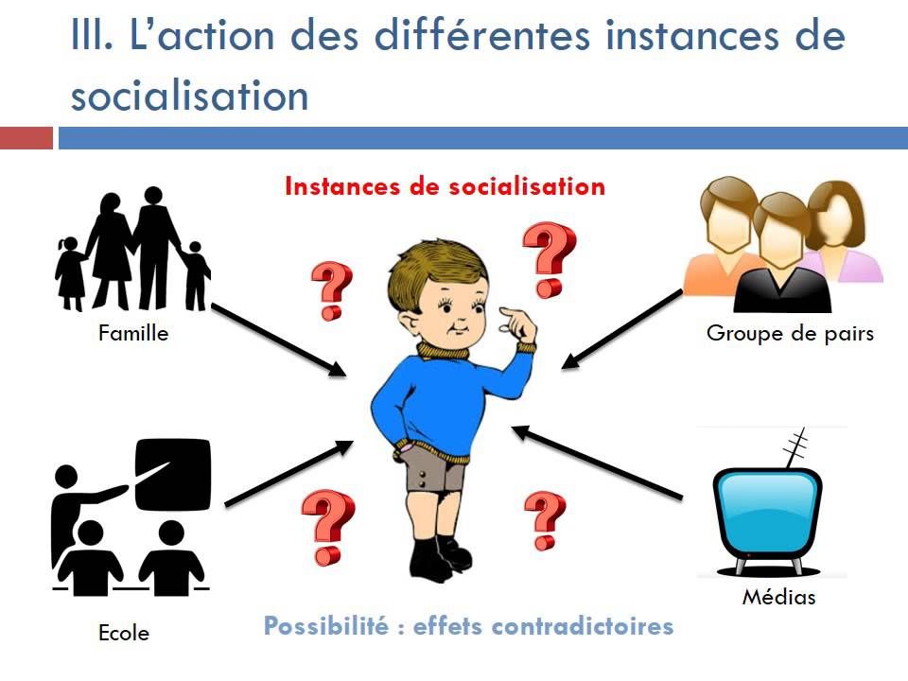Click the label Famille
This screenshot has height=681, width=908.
(133, 334)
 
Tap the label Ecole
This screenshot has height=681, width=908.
(124, 633)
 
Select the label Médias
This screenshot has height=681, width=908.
(778, 597)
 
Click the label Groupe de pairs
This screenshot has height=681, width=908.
(790, 334)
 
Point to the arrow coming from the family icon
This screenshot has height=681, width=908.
(278, 340)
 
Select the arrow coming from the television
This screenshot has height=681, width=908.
(597, 463)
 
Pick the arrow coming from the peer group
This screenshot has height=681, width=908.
(622, 329)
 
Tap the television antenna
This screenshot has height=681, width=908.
(795, 447)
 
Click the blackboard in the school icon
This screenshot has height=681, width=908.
(172, 475)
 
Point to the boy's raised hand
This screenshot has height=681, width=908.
(518, 325)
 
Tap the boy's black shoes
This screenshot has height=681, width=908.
(440, 559)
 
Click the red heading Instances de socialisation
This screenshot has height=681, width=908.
(445, 186)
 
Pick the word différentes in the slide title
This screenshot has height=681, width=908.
(481, 35)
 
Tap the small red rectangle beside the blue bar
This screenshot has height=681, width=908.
(26, 138)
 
